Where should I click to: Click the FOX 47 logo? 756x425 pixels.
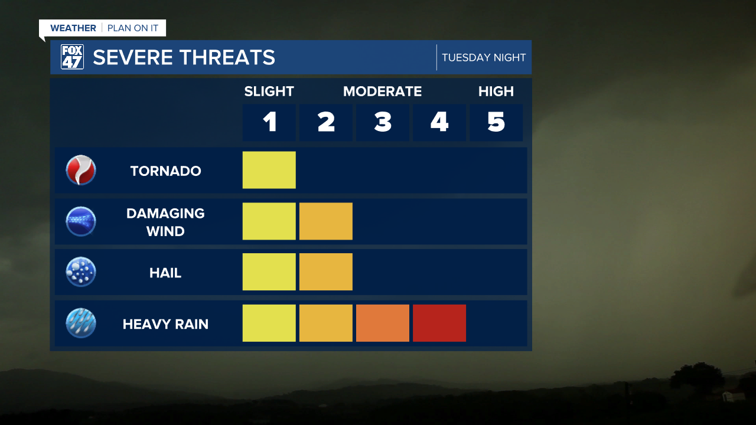(x=72, y=57)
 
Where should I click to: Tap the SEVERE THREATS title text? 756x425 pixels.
(x=184, y=57)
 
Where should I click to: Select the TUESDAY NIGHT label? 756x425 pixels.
(x=484, y=57)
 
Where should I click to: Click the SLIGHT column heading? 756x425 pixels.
(x=269, y=91)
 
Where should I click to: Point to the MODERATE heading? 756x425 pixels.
(x=382, y=91)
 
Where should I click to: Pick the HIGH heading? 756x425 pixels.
(x=496, y=91)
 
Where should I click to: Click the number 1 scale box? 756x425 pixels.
(x=269, y=122)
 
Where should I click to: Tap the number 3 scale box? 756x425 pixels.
(x=383, y=122)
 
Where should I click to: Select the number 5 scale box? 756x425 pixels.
(x=496, y=122)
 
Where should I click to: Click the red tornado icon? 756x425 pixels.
(x=81, y=170)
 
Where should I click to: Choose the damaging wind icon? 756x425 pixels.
(x=81, y=221)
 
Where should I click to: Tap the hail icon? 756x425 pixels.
(x=81, y=272)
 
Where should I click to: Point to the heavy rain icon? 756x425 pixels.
(x=81, y=323)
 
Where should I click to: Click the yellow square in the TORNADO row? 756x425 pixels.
(x=269, y=170)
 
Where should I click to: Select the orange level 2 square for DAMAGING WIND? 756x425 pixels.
(x=326, y=221)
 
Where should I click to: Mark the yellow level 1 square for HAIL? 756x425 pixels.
(x=269, y=272)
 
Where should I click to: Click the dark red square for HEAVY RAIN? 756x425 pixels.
(x=439, y=323)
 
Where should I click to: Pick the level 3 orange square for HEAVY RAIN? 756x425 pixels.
(x=383, y=323)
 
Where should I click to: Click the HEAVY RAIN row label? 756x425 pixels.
(x=165, y=324)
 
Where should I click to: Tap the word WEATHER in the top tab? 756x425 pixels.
(x=73, y=28)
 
